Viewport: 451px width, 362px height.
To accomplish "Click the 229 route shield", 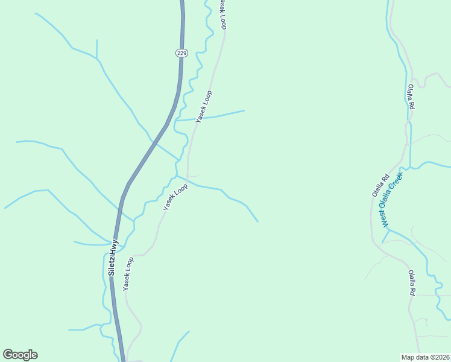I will [182, 53].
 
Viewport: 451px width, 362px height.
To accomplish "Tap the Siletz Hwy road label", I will [113, 258].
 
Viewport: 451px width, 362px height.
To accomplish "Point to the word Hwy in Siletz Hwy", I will [114, 247].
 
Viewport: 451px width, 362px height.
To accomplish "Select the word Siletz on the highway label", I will [112, 265].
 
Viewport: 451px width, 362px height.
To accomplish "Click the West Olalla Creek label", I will [391, 198].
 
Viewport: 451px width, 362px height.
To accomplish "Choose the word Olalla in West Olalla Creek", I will [390, 199].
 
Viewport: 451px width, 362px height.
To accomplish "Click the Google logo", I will [20, 355].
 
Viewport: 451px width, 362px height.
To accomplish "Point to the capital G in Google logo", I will [8, 355].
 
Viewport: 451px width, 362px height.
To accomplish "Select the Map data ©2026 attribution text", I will [425, 357].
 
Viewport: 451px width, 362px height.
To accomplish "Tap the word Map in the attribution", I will [408, 357].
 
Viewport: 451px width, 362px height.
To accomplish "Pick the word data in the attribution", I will [421, 357].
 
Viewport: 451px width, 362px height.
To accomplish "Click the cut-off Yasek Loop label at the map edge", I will [222, 13].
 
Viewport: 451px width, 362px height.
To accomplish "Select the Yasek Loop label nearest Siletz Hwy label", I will [128, 274].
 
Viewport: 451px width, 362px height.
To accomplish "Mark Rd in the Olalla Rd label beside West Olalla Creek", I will [374, 194].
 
